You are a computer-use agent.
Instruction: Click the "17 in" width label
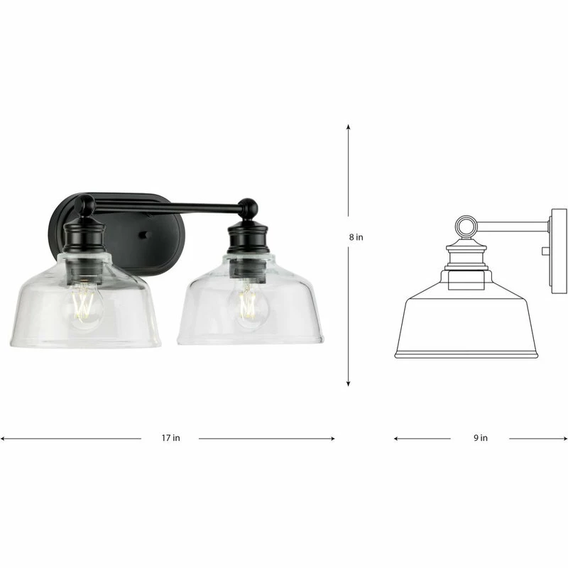170,438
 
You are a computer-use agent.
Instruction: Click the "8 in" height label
356,237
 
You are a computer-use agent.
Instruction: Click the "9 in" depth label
481,438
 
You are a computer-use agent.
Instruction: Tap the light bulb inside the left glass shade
83,305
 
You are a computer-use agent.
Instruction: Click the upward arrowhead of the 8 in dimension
349,127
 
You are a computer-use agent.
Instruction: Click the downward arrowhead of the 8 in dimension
349,383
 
